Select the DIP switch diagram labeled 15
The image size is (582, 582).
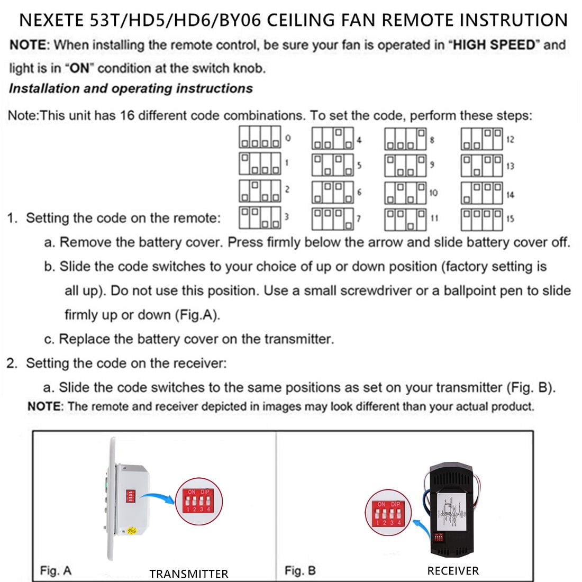481,219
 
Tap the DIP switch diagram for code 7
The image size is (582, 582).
332,219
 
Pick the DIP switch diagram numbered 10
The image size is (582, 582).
405,193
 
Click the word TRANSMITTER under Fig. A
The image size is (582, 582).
188,574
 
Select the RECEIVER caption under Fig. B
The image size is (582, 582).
453,570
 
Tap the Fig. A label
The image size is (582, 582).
56,570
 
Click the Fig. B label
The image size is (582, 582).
300,570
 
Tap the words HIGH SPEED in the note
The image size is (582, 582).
495,45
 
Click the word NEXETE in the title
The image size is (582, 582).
51,20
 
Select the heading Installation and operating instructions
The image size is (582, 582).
131,88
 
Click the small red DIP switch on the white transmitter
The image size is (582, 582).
129,496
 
